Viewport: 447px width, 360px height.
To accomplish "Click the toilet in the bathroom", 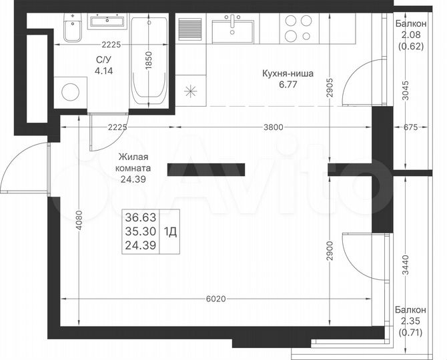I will tap(71, 31).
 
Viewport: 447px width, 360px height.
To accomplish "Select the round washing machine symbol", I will tap(70, 93).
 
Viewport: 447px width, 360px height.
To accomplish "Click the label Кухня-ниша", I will tap(288, 75).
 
